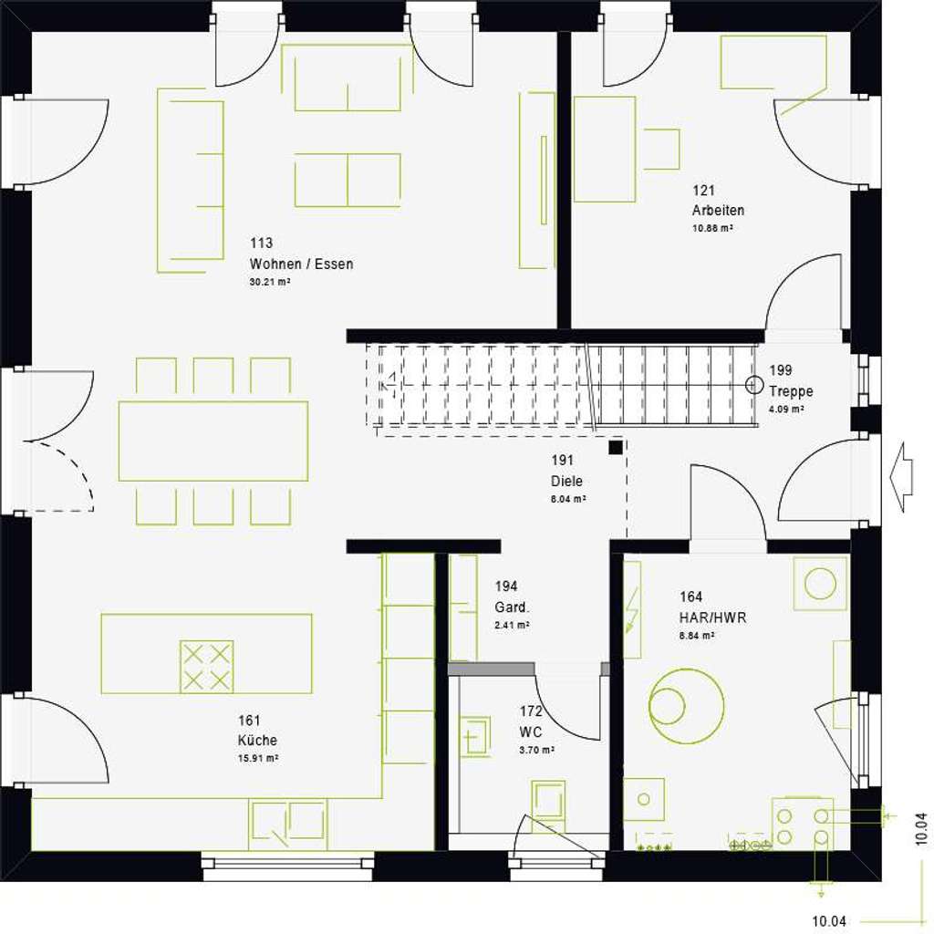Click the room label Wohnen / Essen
point(301,265)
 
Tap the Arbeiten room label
point(718,211)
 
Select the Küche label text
point(256,741)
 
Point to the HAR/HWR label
point(712,617)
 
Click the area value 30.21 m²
point(269,283)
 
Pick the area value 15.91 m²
point(257,758)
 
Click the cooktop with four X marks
point(207,667)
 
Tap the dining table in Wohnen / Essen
point(213,441)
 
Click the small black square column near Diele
point(617,447)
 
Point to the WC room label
point(531,732)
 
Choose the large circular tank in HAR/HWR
point(685,705)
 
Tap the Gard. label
point(513,608)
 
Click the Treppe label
point(791,391)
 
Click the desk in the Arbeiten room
point(604,149)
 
